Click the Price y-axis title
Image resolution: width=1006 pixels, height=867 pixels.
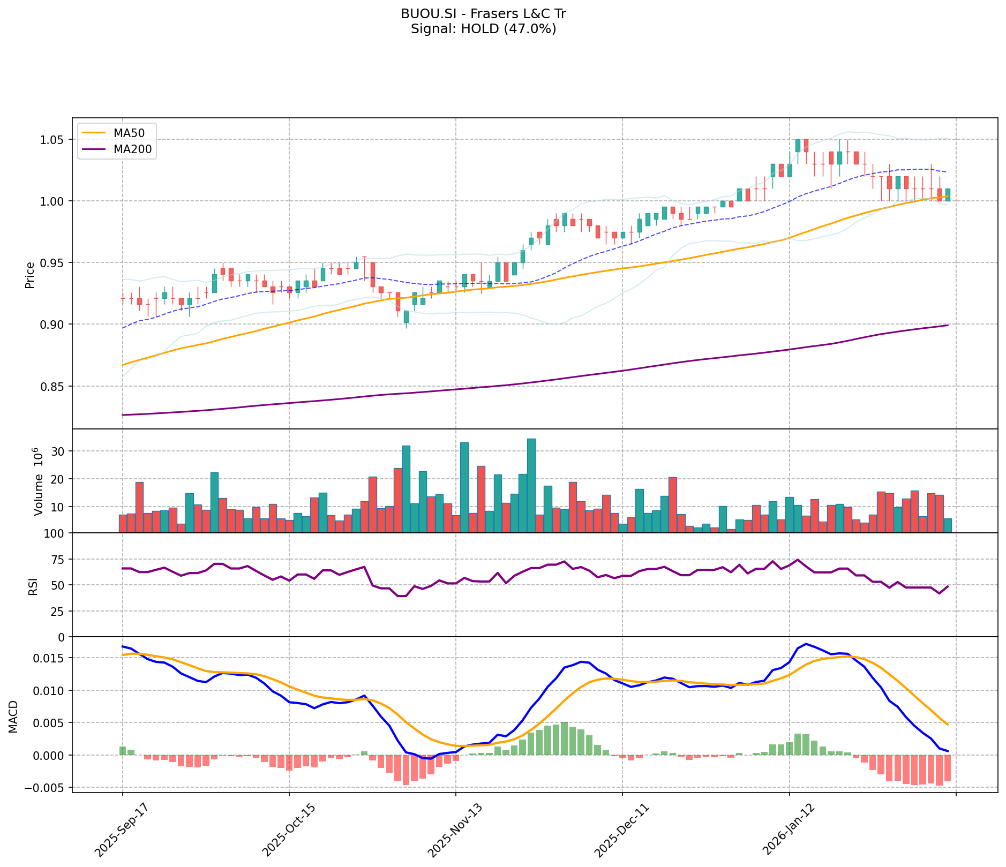tap(30, 275)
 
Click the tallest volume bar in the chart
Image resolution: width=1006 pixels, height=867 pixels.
tap(531, 485)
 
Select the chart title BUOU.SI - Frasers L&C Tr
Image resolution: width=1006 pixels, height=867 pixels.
tap(483, 14)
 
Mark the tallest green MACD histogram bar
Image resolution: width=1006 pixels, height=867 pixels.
tap(564, 738)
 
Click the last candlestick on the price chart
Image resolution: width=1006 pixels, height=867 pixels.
tap(948, 194)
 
